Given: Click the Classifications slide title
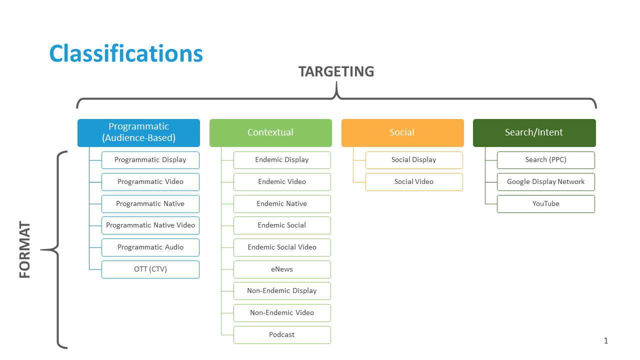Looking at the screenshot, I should (x=126, y=53).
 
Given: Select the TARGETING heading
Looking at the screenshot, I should (x=336, y=71).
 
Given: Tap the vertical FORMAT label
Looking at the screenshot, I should (x=25, y=250).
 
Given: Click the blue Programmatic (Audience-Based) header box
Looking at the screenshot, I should (x=138, y=132).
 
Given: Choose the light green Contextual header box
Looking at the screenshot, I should (x=270, y=132).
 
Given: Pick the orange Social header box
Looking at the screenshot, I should (x=402, y=132).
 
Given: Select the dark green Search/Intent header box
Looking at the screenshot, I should (x=534, y=132).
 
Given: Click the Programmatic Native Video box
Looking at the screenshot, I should (x=150, y=225).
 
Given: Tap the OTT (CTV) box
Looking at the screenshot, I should (x=150, y=269).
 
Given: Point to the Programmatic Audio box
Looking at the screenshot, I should (x=150, y=247).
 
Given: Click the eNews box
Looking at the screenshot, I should (x=282, y=269).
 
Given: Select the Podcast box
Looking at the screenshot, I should (x=282, y=334).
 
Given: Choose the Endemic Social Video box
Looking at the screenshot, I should (x=282, y=247).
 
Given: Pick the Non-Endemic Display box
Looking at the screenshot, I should (x=282, y=290).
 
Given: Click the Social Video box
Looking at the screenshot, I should (x=414, y=181).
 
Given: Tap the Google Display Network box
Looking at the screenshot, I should (x=545, y=181).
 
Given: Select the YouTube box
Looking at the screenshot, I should (x=545, y=203).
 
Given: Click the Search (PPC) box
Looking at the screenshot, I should (x=545, y=160).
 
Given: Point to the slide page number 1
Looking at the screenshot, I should (x=606, y=341).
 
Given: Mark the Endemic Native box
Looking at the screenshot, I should (x=282, y=203).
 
